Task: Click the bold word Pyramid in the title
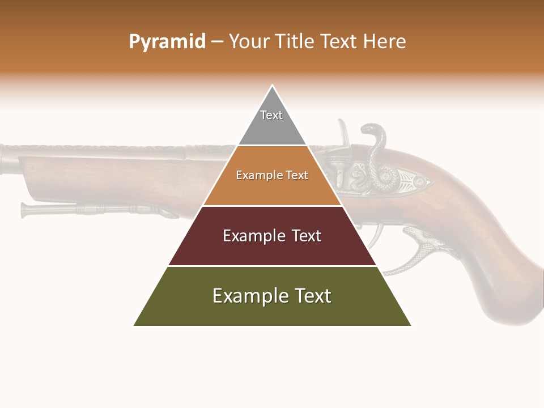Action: [x=167, y=42]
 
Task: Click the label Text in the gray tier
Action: [x=271, y=115]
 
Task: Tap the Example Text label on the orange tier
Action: [x=272, y=175]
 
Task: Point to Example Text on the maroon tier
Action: [x=272, y=236]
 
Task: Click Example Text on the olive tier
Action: [x=272, y=296]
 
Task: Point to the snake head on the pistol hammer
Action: [x=371, y=131]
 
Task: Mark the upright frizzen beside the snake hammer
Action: [x=343, y=133]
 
